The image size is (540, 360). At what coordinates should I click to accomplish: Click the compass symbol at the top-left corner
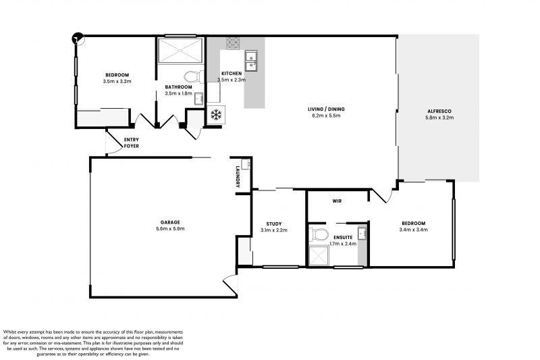point(78,38)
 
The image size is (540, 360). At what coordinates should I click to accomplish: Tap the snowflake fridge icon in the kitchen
point(217,114)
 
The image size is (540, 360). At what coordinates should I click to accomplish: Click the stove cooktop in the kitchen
point(234,44)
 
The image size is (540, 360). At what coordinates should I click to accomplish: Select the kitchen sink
point(251,61)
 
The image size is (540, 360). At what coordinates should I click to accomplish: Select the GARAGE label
point(170,222)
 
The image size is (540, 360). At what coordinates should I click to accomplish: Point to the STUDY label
point(273,224)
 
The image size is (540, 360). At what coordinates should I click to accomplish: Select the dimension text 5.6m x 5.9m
point(170,229)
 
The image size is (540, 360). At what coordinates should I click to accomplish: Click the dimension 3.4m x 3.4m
point(413,230)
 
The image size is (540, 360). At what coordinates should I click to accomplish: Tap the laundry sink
point(247,164)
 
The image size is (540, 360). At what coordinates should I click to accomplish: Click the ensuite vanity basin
point(362,234)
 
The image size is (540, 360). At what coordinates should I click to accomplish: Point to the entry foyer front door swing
point(112,143)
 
